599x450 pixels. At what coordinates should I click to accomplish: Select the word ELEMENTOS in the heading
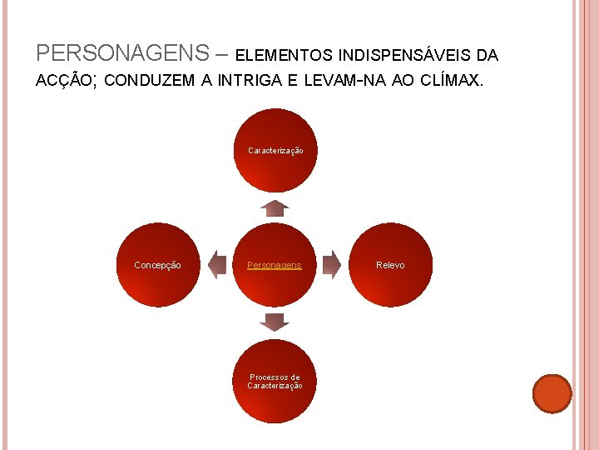(x=285, y=56)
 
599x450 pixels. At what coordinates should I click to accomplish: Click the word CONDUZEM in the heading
(x=152, y=81)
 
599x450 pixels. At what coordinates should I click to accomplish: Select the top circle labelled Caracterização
(x=275, y=150)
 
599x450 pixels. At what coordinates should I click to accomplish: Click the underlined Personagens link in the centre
(x=275, y=265)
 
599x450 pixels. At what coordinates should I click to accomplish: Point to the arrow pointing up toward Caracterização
(x=275, y=207)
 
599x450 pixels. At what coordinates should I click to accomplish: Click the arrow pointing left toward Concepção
(x=217, y=264)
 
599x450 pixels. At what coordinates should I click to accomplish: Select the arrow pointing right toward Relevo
(x=332, y=264)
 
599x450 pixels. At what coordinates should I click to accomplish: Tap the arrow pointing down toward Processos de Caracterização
(x=275, y=322)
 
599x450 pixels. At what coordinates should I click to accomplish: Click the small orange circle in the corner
(x=552, y=393)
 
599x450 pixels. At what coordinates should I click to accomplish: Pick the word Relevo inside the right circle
(x=391, y=265)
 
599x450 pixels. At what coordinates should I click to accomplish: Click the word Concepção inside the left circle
(x=158, y=265)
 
